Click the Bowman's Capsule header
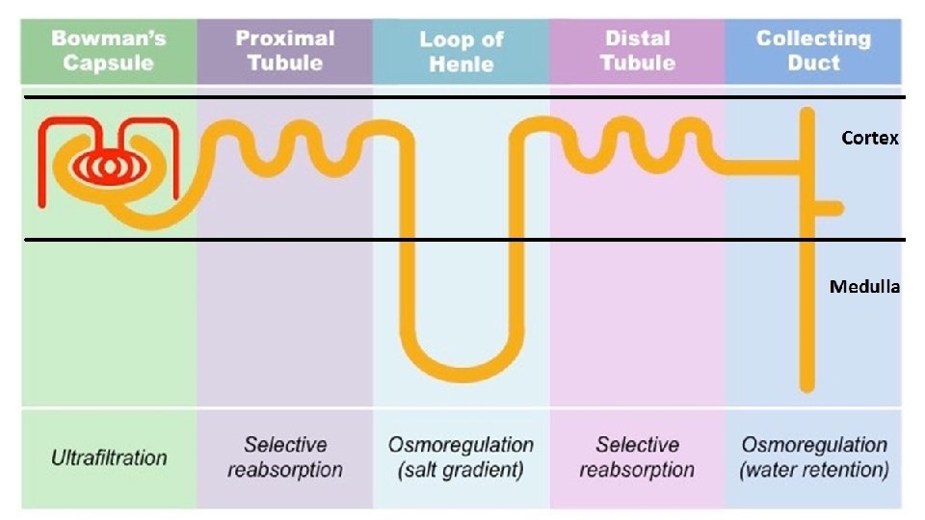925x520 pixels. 109,51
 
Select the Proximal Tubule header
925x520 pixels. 285,51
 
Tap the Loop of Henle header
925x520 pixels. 461,52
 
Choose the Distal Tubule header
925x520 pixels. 637,51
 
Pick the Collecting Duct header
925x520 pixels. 813,51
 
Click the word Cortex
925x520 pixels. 869,138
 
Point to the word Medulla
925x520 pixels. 864,286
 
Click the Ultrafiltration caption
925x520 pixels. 109,457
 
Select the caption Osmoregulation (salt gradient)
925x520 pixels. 461,457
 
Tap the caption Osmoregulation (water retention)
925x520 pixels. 814,457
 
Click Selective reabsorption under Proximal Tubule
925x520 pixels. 285,457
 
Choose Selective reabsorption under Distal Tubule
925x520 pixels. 637,457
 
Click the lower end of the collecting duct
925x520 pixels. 807,385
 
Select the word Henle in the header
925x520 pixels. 461,65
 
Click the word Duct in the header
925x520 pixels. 813,64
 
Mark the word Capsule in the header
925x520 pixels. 109,64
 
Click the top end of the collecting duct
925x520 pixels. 807,114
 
